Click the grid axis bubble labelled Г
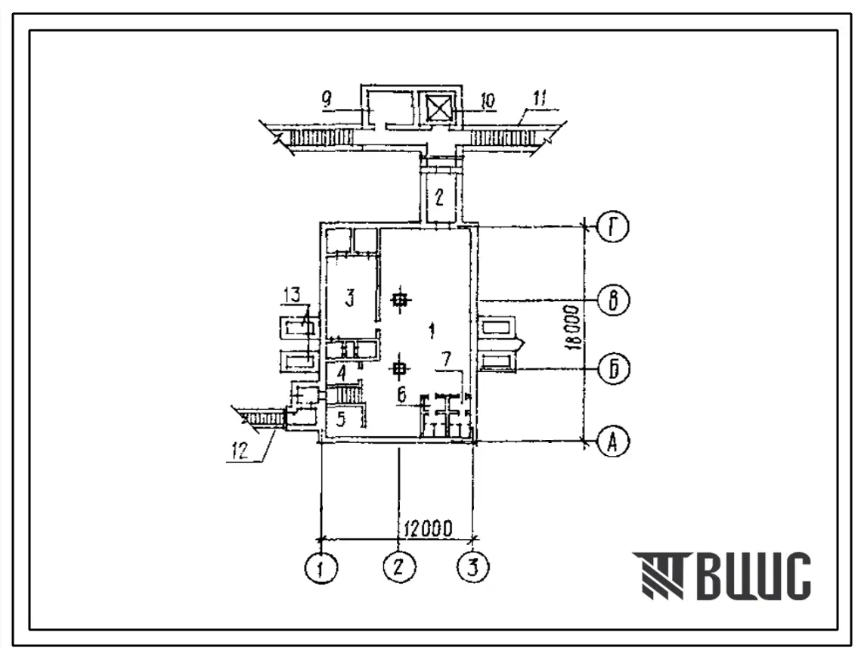coord(613,228)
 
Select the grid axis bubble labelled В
coord(613,300)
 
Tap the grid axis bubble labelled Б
coord(613,369)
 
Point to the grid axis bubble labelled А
coord(613,441)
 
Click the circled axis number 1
coord(321,566)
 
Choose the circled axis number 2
coord(399,566)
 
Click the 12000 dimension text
coord(429,528)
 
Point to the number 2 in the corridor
coord(439,198)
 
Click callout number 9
coord(327,100)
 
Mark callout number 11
coord(539,100)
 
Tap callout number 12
coord(240,451)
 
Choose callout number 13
coord(293,295)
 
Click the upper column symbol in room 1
coord(401,300)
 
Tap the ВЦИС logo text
coord(721,575)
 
